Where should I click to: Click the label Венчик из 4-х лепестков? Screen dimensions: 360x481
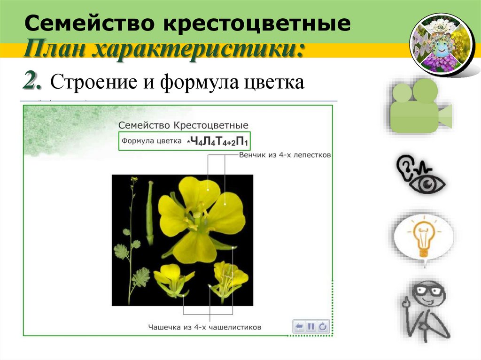[x=285, y=154]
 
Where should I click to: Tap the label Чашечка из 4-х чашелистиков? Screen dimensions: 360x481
[x=204, y=327]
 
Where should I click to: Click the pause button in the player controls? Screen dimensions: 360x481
[x=311, y=326]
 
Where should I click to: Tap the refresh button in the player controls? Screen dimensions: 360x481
[x=323, y=326]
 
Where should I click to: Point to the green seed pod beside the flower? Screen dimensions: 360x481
[x=150, y=214]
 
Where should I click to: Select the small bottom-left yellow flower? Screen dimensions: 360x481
[x=172, y=281]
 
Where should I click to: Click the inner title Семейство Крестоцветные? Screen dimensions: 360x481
[x=183, y=125]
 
